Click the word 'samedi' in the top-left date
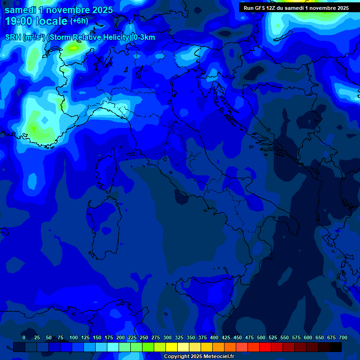click(20, 10)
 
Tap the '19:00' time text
click(19, 21)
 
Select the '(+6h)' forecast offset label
click(79, 21)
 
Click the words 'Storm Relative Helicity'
click(89, 37)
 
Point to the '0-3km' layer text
click(144, 37)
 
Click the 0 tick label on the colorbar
click(24, 337)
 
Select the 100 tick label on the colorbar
click(74, 337)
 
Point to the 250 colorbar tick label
click(144, 337)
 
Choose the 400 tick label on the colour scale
click(214, 337)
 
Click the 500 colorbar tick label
click(261, 337)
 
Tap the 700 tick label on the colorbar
click(343, 337)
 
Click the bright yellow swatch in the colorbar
click(172, 347)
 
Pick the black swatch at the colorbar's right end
click(336, 347)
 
